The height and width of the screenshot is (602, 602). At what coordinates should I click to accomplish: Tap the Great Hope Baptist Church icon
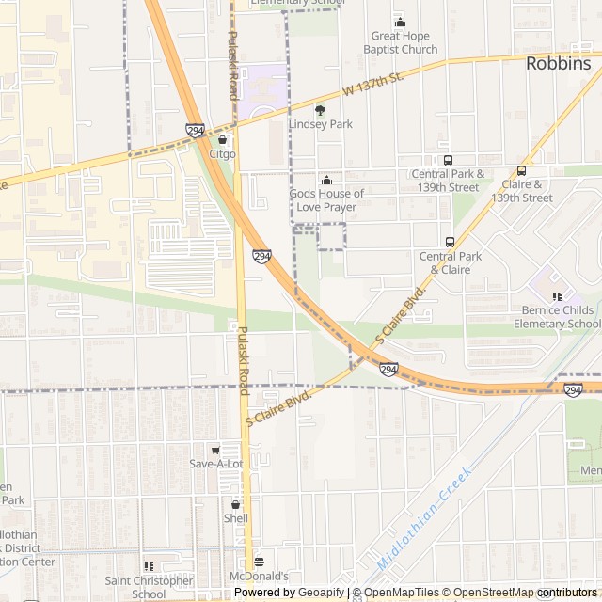pyautogui.click(x=400, y=23)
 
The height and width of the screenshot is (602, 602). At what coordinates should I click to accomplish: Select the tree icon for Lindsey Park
pyautogui.click(x=320, y=110)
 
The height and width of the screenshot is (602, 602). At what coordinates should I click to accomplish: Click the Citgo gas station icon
pyautogui.click(x=222, y=140)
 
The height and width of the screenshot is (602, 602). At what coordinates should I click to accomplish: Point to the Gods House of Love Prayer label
pyautogui.click(x=326, y=199)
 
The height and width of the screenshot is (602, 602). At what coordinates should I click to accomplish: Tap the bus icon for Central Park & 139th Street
pyautogui.click(x=448, y=160)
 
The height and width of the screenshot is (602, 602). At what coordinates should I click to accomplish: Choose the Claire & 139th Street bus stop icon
pyautogui.click(x=522, y=171)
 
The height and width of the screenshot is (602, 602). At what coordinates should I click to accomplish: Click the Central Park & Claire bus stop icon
pyautogui.click(x=450, y=242)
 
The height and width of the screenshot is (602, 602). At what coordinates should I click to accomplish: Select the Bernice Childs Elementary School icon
pyautogui.click(x=557, y=296)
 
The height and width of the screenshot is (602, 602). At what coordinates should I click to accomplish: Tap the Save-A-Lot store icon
pyautogui.click(x=215, y=451)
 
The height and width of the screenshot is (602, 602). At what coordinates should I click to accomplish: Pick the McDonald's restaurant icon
pyautogui.click(x=260, y=562)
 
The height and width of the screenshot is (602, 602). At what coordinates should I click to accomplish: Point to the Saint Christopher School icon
pyautogui.click(x=149, y=566)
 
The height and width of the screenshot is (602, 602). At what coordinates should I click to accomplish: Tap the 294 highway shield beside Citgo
pyautogui.click(x=196, y=131)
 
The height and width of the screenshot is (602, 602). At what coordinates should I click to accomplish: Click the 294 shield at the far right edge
pyautogui.click(x=573, y=389)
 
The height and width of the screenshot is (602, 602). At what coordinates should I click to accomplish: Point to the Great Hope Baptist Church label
pyautogui.click(x=404, y=43)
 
